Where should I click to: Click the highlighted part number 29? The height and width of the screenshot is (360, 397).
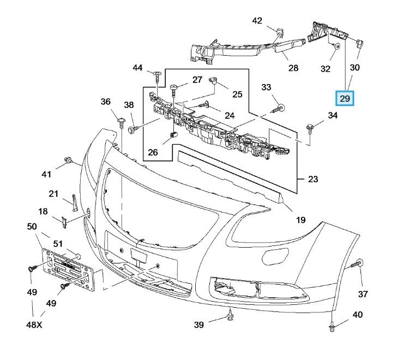[345, 99]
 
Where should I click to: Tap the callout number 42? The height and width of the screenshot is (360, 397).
[257, 21]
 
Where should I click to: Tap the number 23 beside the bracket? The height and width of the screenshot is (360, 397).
[313, 179]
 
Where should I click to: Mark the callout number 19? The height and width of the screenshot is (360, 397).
[300, 220]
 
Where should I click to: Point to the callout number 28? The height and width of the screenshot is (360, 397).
[293, 68]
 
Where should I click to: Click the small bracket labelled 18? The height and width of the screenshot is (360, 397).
[64, 221]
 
